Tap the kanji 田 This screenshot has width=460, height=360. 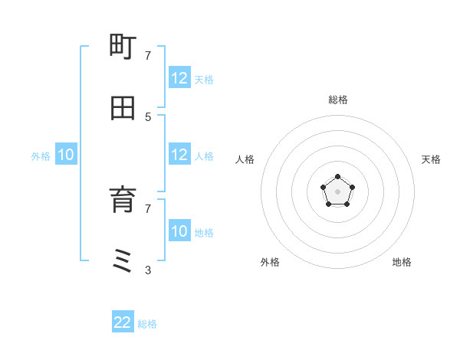[123, 109]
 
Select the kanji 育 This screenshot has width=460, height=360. [123, 201]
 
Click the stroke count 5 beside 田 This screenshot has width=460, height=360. [148, 116]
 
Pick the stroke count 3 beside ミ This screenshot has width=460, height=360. [148, 270]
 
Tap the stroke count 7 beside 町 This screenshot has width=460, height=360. [148, 55]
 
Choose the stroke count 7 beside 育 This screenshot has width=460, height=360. [148, 208]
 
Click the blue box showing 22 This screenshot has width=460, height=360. [123, 322]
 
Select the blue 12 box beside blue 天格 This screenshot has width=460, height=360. [179, 78]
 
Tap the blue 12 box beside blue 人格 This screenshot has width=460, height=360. [179, 155]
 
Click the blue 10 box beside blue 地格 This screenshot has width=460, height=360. [179, 231]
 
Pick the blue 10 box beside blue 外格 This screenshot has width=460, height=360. [66, 155]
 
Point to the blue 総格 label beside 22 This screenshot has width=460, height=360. [147, 324]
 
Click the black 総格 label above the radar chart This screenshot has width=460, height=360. [338, 100]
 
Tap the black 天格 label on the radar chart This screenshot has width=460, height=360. [431, 159]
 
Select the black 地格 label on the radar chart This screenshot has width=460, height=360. [402, 262]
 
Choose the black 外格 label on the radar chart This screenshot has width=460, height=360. [270, 262]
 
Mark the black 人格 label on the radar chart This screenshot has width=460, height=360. [245, 159]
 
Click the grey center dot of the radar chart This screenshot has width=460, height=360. [337, 191]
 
